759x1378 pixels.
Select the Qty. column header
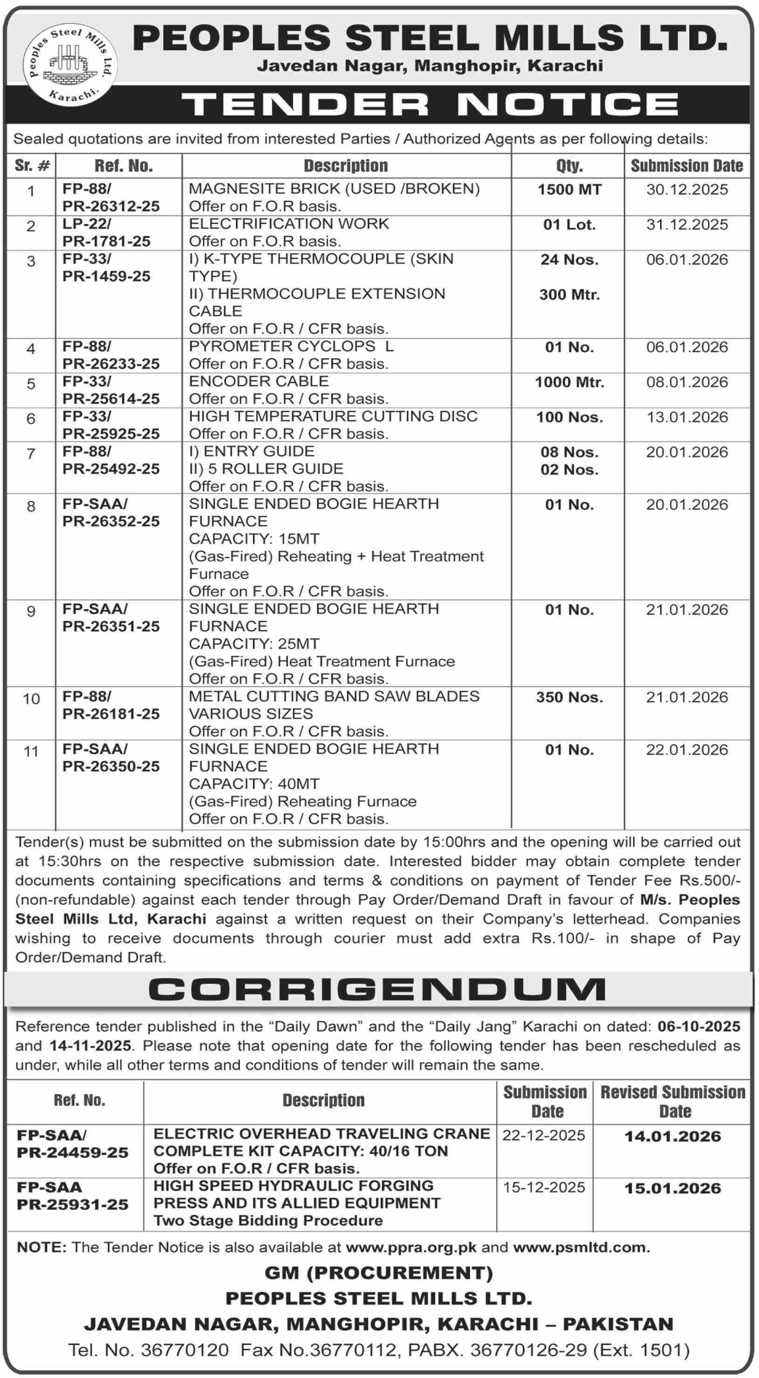click(569, 166)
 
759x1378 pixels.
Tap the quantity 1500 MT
click(569, 190)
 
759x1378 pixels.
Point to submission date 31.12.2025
click(687, 225)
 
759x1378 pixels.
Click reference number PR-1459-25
click(107, 277)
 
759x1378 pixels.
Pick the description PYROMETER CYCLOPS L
click(291, 347)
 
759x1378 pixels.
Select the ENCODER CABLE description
click(259, 381)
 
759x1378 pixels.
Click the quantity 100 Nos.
click(569, 417)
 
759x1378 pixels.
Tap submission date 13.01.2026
click(687, 417)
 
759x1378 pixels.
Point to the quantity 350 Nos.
click(569, 697)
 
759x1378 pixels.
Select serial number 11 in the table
click(31, 751)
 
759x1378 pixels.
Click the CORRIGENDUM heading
click(377, 990)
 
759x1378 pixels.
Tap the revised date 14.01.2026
click(673, 1136)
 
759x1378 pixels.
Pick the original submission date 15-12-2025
click(544, 1188)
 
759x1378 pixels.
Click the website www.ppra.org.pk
click(411, 1248)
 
